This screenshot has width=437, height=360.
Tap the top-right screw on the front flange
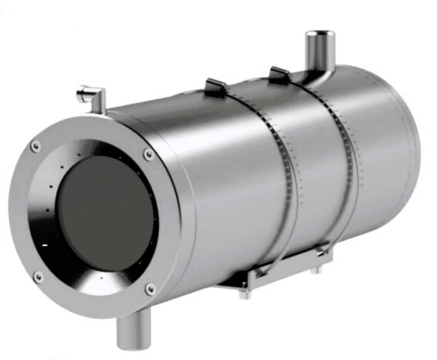pos(149,154)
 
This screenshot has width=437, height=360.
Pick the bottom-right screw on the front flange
pos(150,289)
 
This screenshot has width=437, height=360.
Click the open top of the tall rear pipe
pos(318,34)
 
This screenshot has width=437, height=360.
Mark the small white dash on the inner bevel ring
pos(45,244)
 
